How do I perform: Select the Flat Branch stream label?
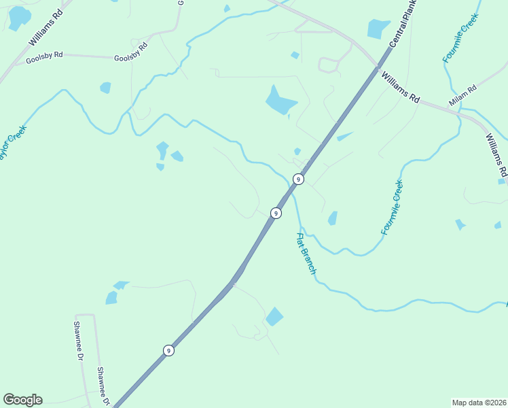point(306,254)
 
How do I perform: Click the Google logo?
point(22,400)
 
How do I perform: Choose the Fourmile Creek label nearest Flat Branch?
point(392,207)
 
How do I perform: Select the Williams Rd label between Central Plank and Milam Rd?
point(401,87)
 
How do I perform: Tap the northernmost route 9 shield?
point(297,179)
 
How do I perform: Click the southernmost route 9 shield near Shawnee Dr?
point(168,351)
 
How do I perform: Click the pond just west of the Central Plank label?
point(378,29)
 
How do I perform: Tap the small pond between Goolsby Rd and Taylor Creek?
point(105,88)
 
